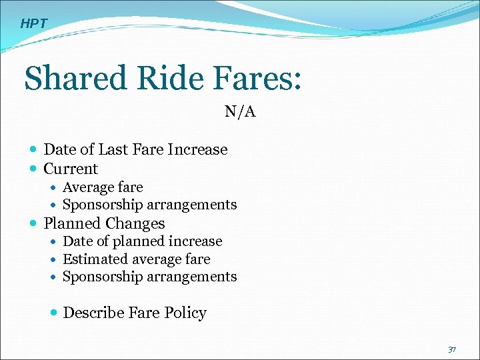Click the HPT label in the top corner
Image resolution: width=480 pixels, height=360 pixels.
pyautogui.click(x=34, y=24)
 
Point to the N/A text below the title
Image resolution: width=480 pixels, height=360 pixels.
pyautogui.click(x=240, y=111)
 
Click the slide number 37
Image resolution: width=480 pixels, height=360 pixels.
pyautogui.click(x=452, y=350)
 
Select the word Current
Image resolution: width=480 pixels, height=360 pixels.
pyautogui.click(x=71, y=169)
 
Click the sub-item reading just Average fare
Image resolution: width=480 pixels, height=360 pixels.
pyautogui.click(x=103, y=187)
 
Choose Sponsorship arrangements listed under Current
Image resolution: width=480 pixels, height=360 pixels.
pyautogui.click(x=149, y=205)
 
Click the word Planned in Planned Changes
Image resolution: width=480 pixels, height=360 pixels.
pyautogui.click(x=71, y=223)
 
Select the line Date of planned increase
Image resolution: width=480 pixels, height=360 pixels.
pyautogui.click(x=142, y=241)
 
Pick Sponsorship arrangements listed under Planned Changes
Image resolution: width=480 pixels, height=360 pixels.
pyautogui.click(x=149, y=276)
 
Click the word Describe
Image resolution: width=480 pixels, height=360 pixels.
pyautogui.click(x=94, y=313)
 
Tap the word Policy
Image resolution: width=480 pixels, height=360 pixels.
pyautogui.click(x=185, y=313)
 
